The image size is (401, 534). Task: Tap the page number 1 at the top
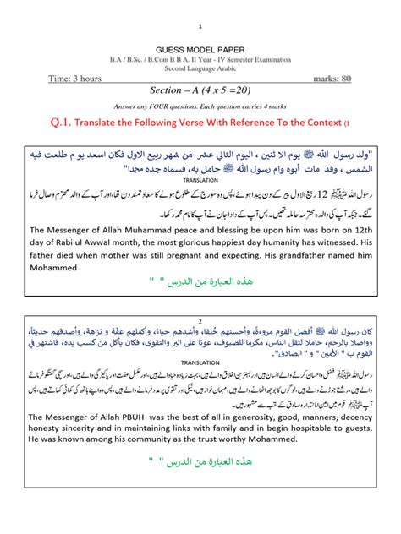200,26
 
